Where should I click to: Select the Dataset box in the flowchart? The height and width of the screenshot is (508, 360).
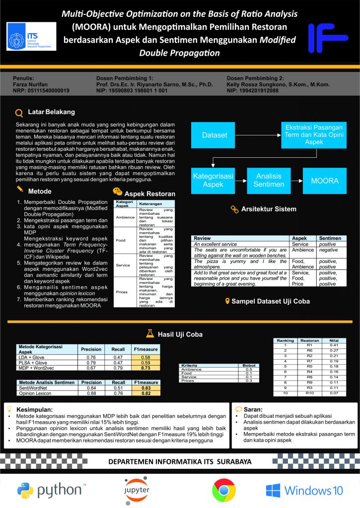click(215, 135)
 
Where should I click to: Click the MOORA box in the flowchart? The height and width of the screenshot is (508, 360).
click(324, 181)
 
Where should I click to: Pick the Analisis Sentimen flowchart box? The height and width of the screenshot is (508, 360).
click(269, 181)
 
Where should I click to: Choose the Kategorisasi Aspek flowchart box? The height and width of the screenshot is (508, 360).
click(214, 181)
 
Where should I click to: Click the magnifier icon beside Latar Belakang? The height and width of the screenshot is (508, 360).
click(19, 113)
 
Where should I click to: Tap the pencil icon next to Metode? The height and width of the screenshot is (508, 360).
click(19, 191)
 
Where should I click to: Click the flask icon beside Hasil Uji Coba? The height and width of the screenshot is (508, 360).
click(148, 334)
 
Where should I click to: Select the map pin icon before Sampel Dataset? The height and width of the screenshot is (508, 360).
click(227, 301)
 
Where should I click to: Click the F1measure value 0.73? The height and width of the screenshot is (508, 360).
click(145, 368)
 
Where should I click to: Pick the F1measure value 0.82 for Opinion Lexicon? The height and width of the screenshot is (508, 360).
click(145, 393)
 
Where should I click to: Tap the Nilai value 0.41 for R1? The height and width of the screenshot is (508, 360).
click(334, 345)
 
